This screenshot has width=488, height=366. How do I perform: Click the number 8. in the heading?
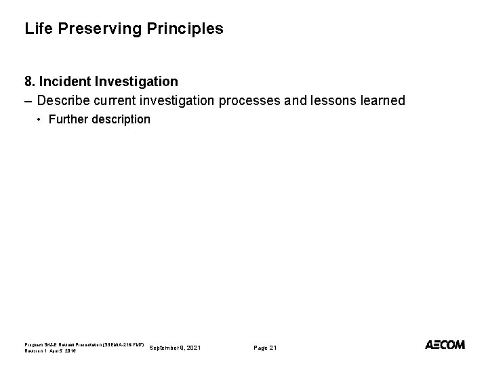click(30, 82)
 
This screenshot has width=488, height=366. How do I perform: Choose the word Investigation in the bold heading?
click(136, 82)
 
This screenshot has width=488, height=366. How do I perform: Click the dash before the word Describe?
click(28, 101)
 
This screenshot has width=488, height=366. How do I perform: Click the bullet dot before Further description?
click(39, 119)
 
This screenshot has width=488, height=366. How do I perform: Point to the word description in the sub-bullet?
click(121, 119)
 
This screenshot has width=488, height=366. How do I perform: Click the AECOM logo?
click(445, 345)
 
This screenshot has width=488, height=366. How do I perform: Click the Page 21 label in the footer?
click(265, 347)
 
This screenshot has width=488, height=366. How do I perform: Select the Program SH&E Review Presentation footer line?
click(84, 344)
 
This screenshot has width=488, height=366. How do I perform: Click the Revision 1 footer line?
click(52, 351)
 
